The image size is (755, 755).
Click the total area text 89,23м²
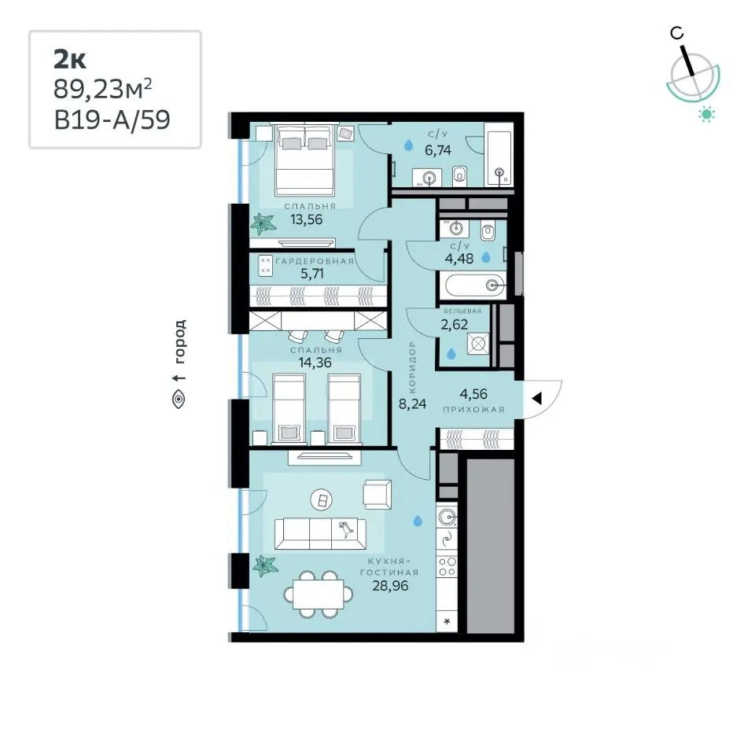pyautogui.click(x=102, y=90)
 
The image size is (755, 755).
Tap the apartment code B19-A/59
pyautogui.click(x=112, y=120)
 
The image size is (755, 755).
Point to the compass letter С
pyautogui.click(x=676, y=33)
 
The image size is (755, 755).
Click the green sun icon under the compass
pyautogui.click(x=707, y=115)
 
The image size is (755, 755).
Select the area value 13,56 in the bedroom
pyautogui.click(x=306, y=219)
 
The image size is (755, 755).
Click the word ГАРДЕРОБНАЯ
pyautogui.click(x=315, y=261)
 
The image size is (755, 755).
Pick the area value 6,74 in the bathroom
pyautogui.click(x=438, y=150)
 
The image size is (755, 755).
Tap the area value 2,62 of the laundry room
pyautogui.click(x=454, y=325)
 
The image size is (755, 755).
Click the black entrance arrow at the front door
pyautogui.click(x=537, y=398)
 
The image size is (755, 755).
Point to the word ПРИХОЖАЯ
pyautogui.click(x=473, y=410)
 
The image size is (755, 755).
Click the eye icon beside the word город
pyautogui.click(x=179, y=400)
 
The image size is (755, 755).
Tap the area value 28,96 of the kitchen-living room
pyautogui.click(x=390, y=586)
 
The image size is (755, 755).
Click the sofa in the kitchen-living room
pyautogui.click(x=320, y=533)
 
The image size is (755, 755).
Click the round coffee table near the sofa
pyautogui.click(x=321, y=500)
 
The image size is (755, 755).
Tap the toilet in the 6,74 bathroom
pyautogui.click(x=460, y=175)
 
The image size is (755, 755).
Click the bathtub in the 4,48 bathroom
pyautogui.click(x=475, y=285)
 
